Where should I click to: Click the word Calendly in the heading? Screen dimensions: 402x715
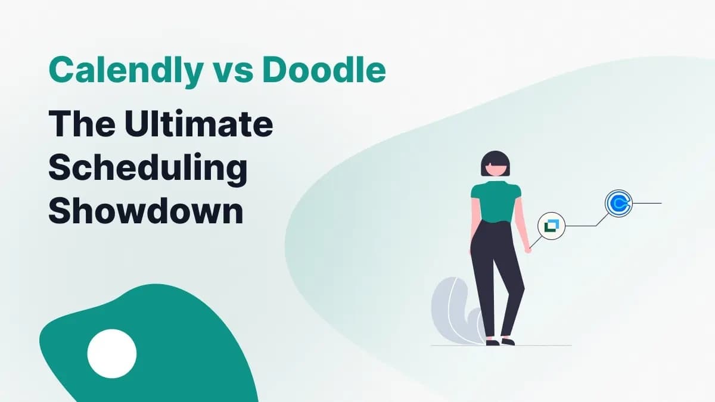(x=125, y=71)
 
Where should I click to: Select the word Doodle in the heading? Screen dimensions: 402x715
(x=324, y=71)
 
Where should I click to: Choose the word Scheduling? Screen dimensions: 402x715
(x=148, y=169)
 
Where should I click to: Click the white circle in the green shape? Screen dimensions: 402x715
(x=112, y=353)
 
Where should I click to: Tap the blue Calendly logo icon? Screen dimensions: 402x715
(x=618, y=203)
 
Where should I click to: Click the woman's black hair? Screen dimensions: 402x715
(x=495, y=159)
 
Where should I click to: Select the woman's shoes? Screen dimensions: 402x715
(x=500, y=342)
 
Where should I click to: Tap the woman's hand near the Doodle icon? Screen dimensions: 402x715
(x=527, y=250)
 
